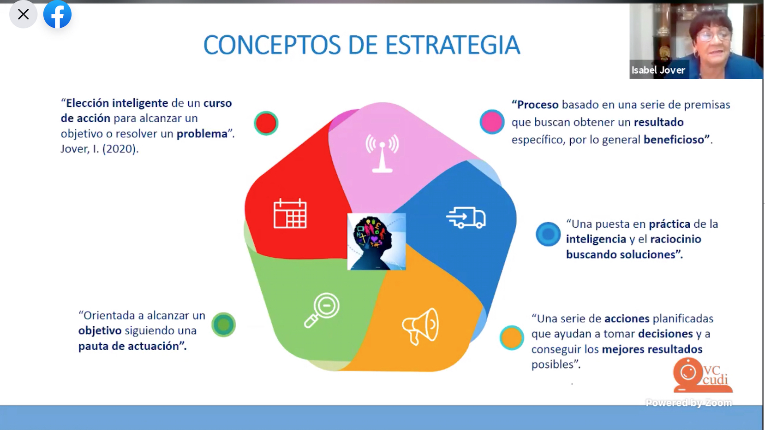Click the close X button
23,14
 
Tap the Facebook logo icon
57,14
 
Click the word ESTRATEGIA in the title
453,45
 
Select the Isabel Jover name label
658,70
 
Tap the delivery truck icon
466,218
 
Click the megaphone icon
420,327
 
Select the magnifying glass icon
322,310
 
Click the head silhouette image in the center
377,242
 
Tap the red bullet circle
266,123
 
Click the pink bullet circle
492,122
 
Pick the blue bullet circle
548,234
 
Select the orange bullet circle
512,337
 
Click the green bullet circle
224,324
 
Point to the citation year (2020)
120,149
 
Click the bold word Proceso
535,105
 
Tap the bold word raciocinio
675,239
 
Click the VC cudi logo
703,375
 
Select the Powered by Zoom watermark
689,403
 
